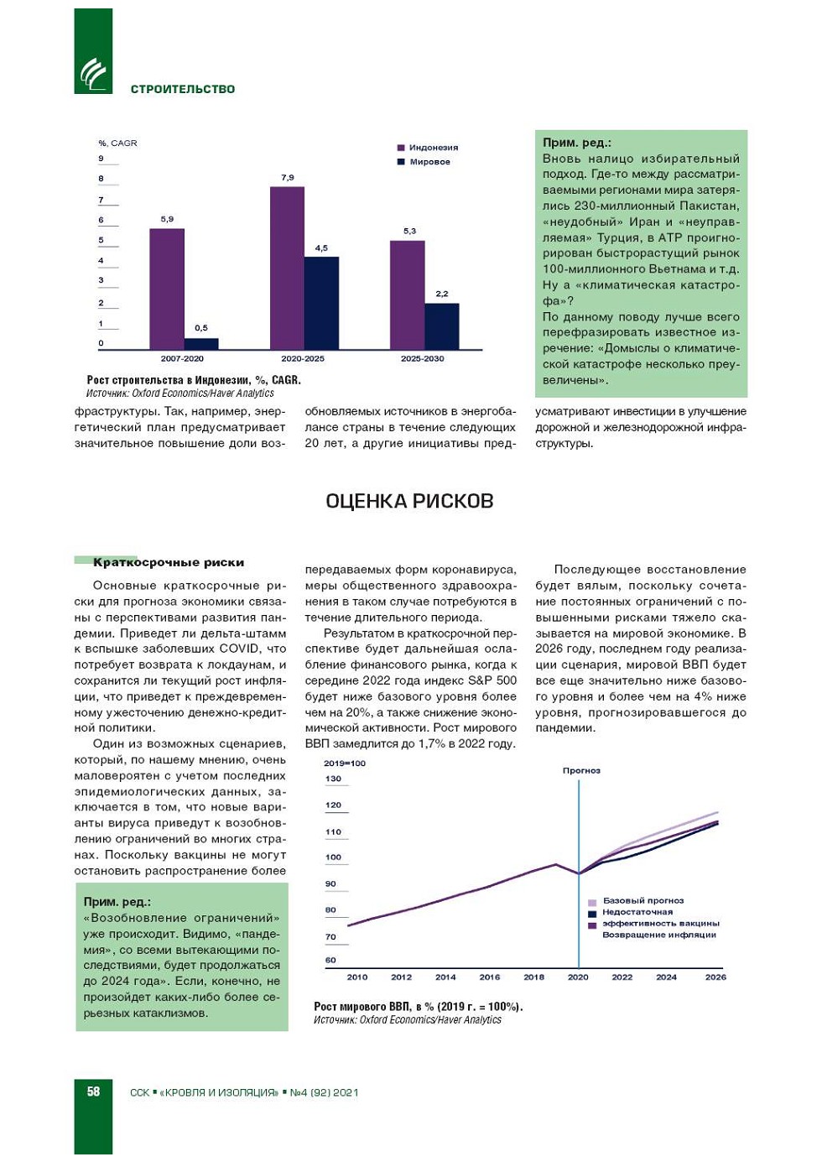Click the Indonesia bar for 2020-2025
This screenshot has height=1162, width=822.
pos(287,268)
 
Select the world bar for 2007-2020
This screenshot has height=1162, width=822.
pos(201,343)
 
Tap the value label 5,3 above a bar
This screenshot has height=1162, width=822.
pos(409,231)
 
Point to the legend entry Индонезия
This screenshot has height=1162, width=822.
pos(433,148)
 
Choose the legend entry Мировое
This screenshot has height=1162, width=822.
pos(429,162)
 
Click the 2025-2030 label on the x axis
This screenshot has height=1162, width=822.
pos(422,358)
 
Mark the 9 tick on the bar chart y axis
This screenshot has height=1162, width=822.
pos(101,159)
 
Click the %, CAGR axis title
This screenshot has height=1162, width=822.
pos(117,143)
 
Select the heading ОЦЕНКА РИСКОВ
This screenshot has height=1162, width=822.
pos(409,501)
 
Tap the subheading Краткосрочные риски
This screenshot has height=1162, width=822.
pos(169,562)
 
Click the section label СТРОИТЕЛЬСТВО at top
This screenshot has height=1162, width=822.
pos(183,89)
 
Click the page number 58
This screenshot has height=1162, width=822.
pos(93,1092)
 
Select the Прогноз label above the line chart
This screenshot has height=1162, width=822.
pos(581,770)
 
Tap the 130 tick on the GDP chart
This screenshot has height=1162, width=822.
pos(333,779)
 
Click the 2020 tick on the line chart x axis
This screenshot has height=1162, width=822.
pos(578,977)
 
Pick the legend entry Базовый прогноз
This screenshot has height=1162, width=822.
pos(643,901)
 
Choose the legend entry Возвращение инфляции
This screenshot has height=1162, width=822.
pos(658,935)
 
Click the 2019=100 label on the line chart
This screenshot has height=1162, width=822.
pos(345,763)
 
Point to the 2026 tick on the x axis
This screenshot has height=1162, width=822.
pos(715,977)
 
